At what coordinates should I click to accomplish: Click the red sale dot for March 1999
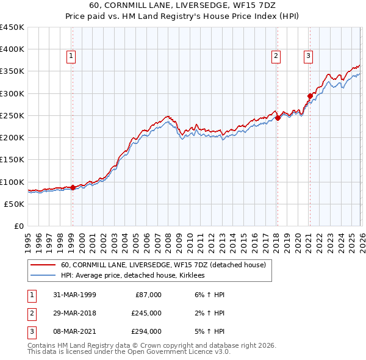73,187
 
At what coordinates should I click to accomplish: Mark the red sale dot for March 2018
278,118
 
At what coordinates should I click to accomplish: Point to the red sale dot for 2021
310,96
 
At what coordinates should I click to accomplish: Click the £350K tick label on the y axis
12,71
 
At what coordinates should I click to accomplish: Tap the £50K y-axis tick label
14,204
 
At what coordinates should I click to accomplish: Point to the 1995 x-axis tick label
28,238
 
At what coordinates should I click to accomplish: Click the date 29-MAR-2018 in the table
70,313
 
